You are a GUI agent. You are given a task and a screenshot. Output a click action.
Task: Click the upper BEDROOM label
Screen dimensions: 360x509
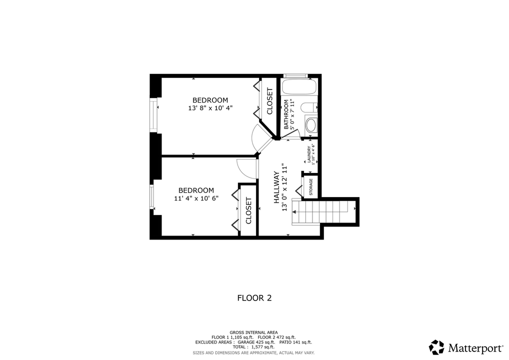click(210, 100)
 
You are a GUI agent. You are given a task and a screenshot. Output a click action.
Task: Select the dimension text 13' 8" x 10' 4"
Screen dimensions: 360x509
click(210, 107)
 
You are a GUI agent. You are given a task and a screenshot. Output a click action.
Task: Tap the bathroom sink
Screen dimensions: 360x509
click(311, 125)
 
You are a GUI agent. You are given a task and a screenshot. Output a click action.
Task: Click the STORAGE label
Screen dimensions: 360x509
click(310, 186)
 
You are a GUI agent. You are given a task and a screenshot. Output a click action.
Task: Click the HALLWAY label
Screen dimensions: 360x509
click(276, 187)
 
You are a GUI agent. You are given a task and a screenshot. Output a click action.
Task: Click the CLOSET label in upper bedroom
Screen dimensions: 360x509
click(269, 101)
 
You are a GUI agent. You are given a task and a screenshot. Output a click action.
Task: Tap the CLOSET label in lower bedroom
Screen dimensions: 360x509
click(248, 210)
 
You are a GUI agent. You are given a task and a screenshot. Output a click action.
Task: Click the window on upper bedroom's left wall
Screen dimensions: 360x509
click(154, 115)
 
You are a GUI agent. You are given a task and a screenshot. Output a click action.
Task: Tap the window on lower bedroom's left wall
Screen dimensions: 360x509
click(152, 198)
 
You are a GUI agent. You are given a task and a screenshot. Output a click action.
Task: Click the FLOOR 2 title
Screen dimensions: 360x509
click(254, 298)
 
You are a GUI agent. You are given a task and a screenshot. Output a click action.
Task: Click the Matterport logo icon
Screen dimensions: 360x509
click(436, 347)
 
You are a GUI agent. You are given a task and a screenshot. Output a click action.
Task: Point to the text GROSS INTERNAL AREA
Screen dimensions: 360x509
click(253, 332)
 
